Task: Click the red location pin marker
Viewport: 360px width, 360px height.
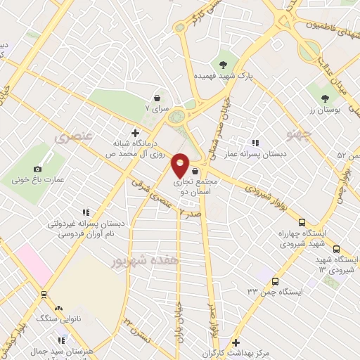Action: pos(181,166)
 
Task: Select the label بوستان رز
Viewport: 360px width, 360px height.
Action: pos(325,110)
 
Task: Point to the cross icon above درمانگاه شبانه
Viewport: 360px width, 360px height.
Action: pos(136,132)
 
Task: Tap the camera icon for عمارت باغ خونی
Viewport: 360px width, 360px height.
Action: pos(37,169)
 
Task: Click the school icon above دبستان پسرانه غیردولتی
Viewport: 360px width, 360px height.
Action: pos(86,212)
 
